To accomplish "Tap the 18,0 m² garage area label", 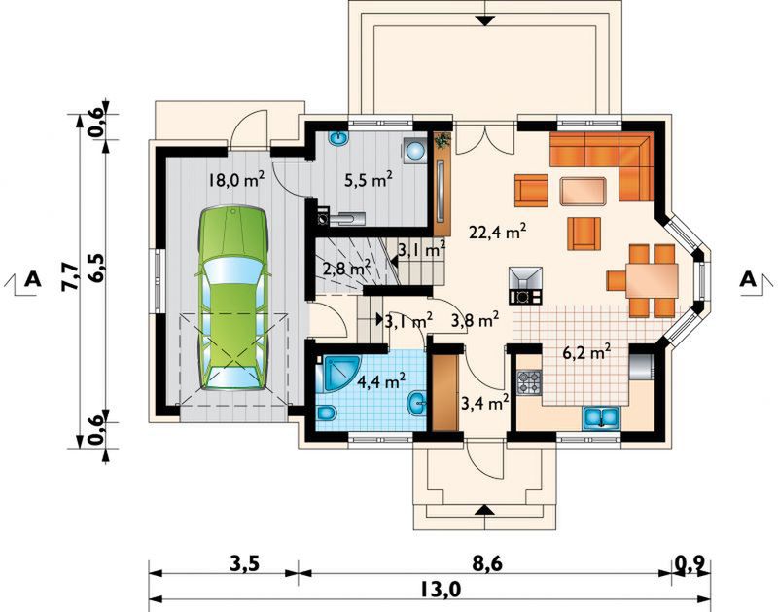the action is point(235,180).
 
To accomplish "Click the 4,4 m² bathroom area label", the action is point(381,381).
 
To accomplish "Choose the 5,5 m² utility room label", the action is point(369,180).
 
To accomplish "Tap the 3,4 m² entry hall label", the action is point(484,403).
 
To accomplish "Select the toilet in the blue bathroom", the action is point(327,413).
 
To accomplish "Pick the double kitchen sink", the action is point(601,417).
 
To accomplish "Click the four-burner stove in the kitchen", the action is point(529,382).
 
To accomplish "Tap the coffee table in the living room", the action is point(583,191).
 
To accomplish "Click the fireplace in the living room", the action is point(525,285).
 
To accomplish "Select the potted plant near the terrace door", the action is point(442,140).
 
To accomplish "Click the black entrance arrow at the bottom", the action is point(484,510).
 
